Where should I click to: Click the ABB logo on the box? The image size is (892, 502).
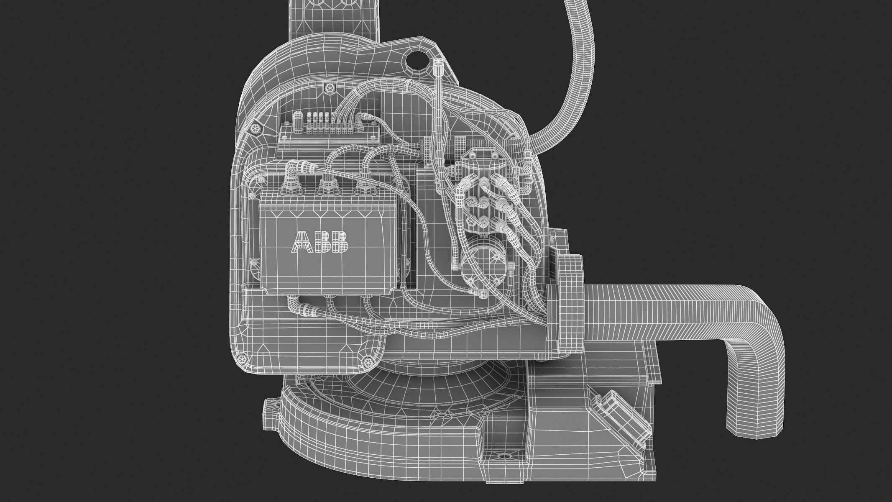[x=320, y=242]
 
